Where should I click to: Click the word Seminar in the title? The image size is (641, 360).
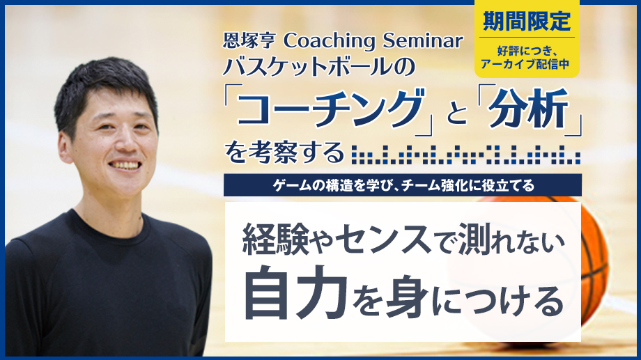click(423, 40)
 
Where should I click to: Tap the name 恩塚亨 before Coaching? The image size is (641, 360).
click(249, 40)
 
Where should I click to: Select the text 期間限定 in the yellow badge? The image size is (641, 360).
click(527, 20)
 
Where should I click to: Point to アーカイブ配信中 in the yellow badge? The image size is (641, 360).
click(525, 64)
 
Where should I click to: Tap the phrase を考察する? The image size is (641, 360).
click(284, 152)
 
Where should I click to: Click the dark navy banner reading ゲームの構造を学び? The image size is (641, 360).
click(403, 185)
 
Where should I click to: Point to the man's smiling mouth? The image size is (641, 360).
click(125, 165)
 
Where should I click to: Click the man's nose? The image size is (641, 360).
click(126, 141)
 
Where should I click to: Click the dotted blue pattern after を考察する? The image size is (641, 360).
click(466, 155)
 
